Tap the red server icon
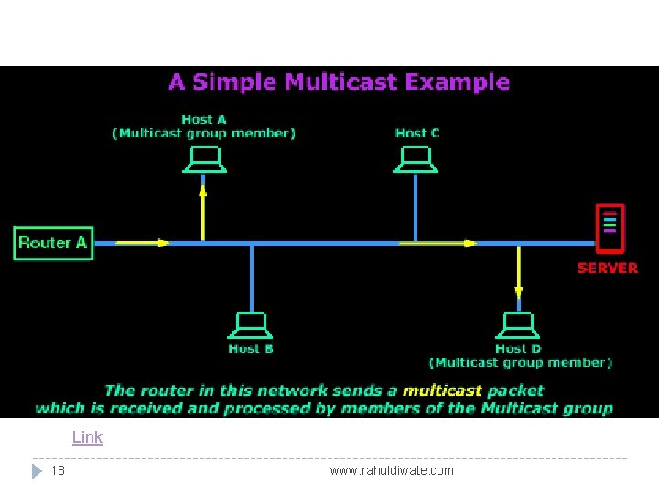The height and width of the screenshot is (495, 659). pyautogui.click(x=610, y=228)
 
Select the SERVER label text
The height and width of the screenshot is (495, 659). pyautogui.click(x=607, y=268)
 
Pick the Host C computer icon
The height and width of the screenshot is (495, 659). pyautogui.click(x=416, y=161)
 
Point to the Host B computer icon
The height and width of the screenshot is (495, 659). pyautogui.click(x=251, y=325)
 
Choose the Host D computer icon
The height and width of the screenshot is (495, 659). pyautogui.click(x=518, y=325)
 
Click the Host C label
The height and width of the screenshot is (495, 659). pyautogui.click(x=417, y=133)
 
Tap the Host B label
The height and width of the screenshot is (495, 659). pyautogui.click(x=251, y=348)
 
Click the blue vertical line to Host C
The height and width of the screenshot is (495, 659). pyautogui.click(x=416, y=208)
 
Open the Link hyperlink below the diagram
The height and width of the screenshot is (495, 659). pyautogui.click(x=88, y=437)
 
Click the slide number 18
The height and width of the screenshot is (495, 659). pyautogui.click(x=58, y=470)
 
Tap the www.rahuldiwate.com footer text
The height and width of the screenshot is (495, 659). pyautogui.click(x=392, y=470)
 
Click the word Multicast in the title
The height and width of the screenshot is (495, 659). pyautogui.click(x=340, y=82)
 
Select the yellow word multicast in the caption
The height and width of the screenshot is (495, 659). pyautogui.click(x=442, y=390)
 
